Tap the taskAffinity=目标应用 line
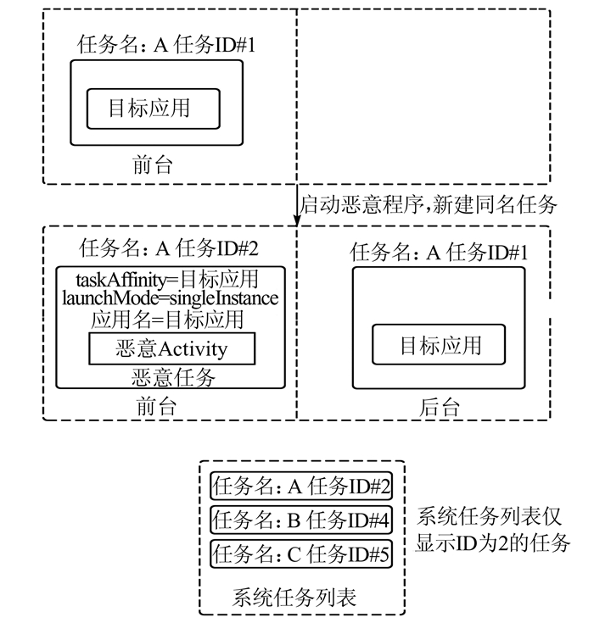(167, 279)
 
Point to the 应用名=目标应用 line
(167, 320)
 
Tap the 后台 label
(440, 407)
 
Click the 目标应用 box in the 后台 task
(440, 345)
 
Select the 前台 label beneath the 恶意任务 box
(156, 406)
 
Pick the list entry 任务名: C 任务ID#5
(301, 554)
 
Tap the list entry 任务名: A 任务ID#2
(301, 487)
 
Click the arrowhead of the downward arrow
(297, 221)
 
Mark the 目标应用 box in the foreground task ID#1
(153, 108)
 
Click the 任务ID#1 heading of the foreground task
(215, 46)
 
